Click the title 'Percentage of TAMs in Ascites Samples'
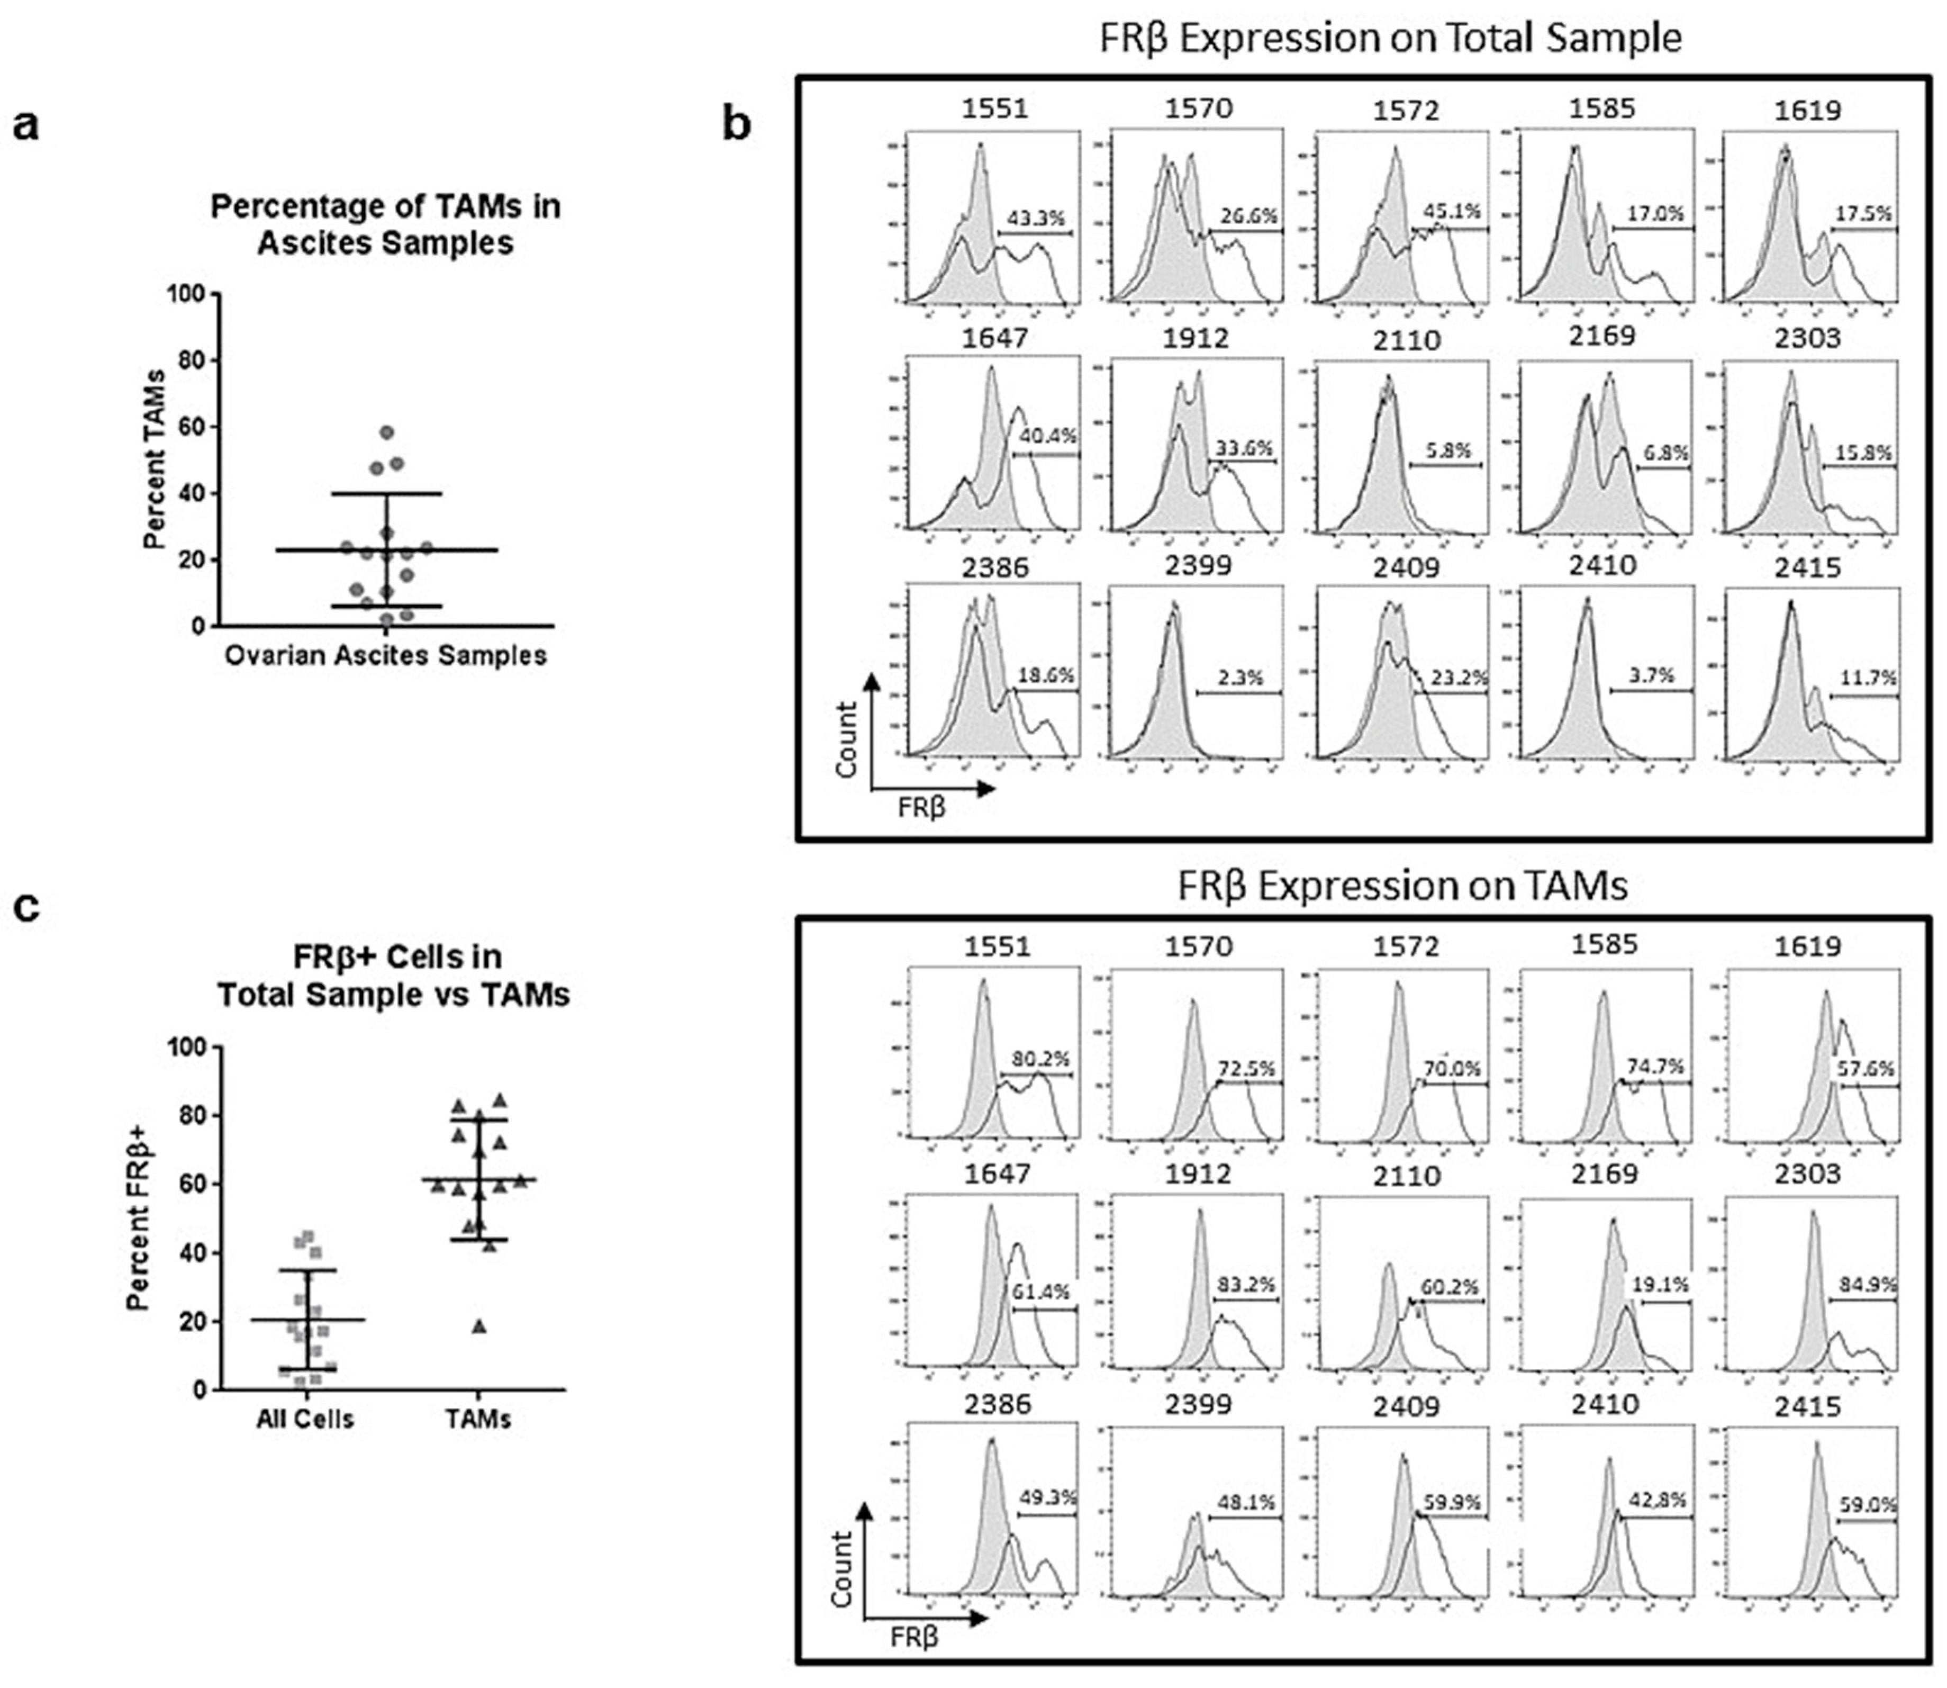pos(385,224)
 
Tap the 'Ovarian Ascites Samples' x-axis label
pos(385,656)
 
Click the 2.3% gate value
pos(1239,678)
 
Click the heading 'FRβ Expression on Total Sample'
pos(1390,39)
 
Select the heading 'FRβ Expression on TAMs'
pos(1402,887)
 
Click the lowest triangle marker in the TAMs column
pos(479,1326)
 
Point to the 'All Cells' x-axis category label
pos(305,1420)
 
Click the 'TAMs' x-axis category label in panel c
pos(478,1420)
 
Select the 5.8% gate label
pos(1448,450)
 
